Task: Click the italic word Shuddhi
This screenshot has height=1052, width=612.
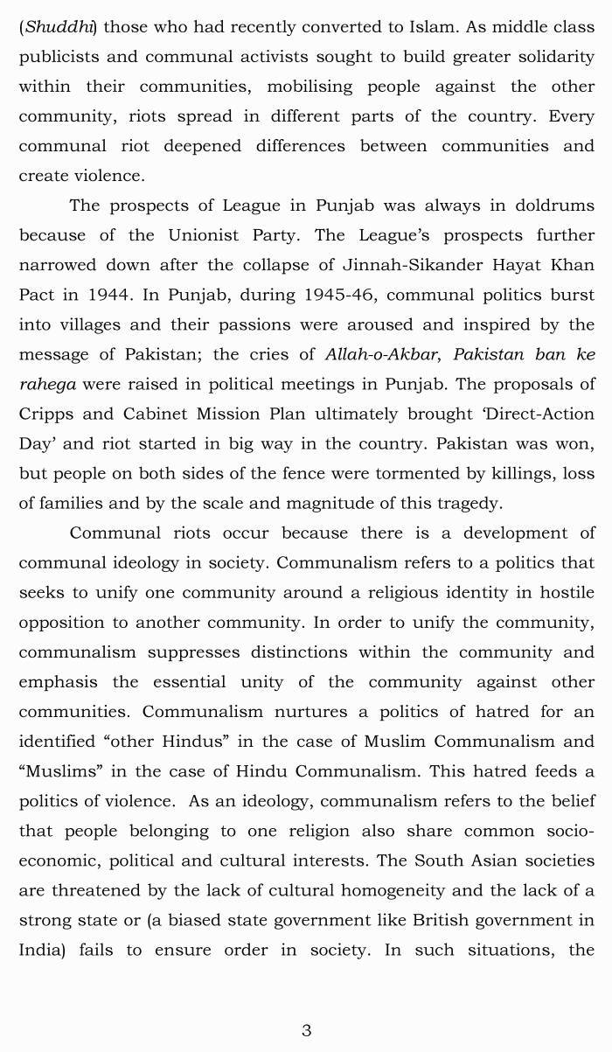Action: [x=58, y=27]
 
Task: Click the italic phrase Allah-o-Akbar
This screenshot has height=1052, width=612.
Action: [x=380, y=354]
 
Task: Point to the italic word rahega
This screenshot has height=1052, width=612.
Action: [x=47, y=384]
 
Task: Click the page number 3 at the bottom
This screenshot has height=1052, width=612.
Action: [x=306, y=1030]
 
